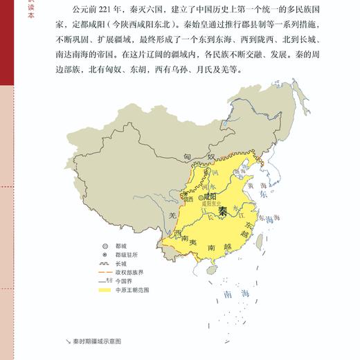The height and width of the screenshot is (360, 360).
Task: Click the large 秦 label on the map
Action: (223, 211)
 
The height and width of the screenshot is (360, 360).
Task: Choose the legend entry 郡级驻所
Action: (129, 255)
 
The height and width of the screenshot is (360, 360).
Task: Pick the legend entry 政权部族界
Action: (129, 273)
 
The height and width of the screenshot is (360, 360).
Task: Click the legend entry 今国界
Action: (124, 282)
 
